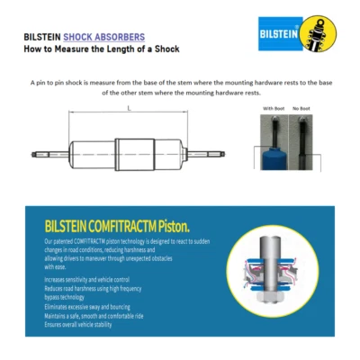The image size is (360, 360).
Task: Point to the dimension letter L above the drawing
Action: (128, 108)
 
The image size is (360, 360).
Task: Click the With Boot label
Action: (273, 109)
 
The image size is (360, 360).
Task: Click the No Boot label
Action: (301, 109)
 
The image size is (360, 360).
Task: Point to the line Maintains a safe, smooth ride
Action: (94, 315)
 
